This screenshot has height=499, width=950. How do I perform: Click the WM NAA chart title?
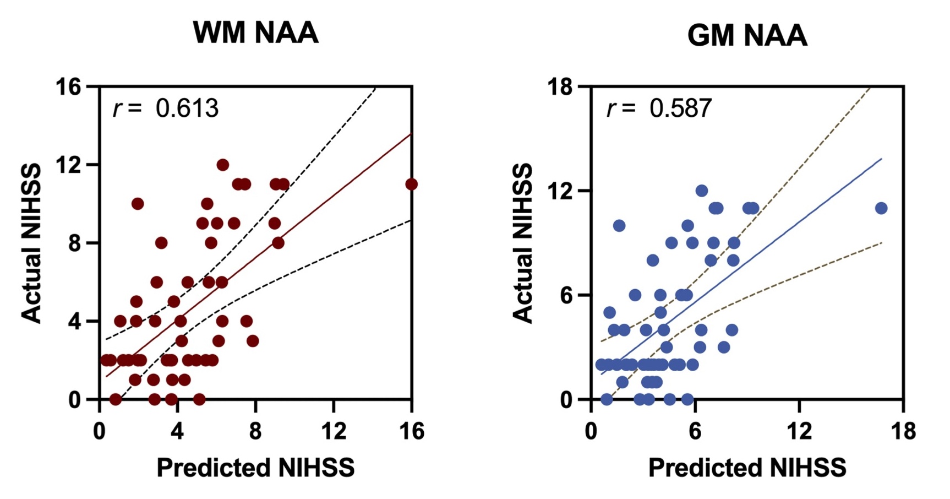click(x=255, y=32)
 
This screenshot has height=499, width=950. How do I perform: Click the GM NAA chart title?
click(x=747, y=35)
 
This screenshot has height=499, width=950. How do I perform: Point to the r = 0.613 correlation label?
click(x=166, y=108)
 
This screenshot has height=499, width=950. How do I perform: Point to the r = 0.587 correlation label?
click(x=659, y=108)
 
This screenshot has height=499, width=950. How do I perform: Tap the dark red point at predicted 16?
click(x=411, y=184)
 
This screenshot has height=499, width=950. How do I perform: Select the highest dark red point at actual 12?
click(x=222, y=165)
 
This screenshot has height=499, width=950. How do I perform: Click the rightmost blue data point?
click(x=881, y=208)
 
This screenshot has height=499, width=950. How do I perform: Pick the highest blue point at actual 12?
click(x=701, y=191)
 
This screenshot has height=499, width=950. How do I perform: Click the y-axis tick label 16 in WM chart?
click(x=68, y=87)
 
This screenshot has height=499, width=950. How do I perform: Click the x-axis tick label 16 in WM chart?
click(x=411, y=431)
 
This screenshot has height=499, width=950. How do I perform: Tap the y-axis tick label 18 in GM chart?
click(x=560, y=87)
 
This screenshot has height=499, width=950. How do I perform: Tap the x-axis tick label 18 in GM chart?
click(x=903, y=431)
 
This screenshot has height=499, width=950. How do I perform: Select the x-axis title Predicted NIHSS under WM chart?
click(x=255, y=468)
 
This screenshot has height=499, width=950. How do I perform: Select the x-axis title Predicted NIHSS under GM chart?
click(x=747, y=468)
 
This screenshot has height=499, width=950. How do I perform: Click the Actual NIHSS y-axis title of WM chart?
click(x=31, y=243)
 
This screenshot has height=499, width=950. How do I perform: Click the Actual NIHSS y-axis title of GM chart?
click(x=523, y=243)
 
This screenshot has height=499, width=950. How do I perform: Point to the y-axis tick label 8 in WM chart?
click(x=74, y=243)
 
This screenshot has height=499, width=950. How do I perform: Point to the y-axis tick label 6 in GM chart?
click(x=566, y=295)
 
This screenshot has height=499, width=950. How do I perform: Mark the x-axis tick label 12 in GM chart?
click(x=799, y=431)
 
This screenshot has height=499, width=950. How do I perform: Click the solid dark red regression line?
click(x=259, y=255)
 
